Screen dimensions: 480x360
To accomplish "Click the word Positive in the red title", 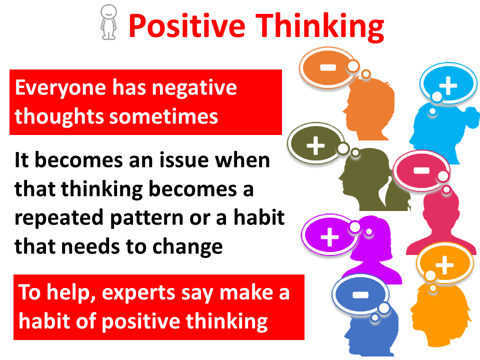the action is coord(186,26).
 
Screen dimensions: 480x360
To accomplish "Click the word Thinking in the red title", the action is coord(319,27).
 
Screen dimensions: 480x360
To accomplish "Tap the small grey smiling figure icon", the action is coord(108,22).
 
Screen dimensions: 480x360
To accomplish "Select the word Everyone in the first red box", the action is coord(60,88).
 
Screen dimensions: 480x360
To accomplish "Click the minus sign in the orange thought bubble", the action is coord(328,67).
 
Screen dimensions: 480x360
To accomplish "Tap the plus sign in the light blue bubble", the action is coord(448,85).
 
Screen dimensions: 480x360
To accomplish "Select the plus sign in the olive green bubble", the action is coord(315,145).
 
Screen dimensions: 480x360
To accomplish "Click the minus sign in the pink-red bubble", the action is coord(421,170).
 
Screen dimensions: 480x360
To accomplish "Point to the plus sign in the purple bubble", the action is coord(329,237).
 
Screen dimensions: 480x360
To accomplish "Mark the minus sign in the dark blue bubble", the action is coord(360,295).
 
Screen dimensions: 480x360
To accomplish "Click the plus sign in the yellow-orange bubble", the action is coord(444,265).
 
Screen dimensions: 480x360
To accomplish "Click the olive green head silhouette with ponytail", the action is coord(372,180).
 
